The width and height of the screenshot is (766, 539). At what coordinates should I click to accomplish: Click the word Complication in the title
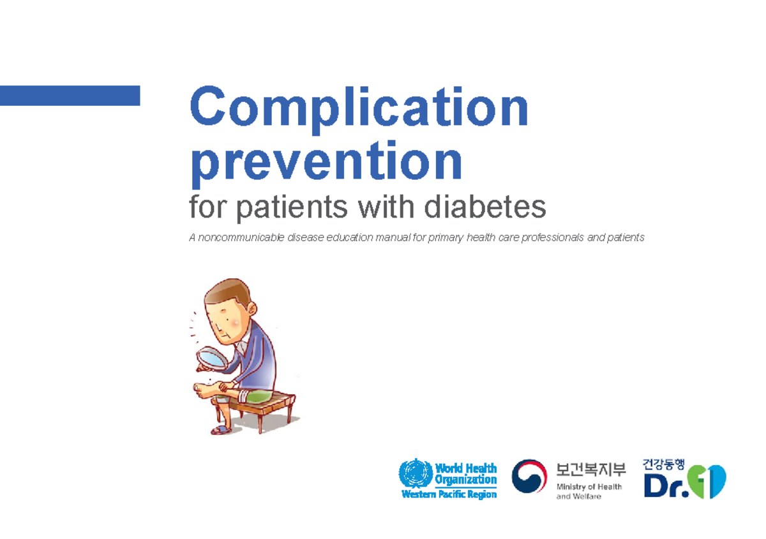coord(359,110)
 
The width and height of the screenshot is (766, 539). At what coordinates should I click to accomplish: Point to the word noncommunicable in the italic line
coord(239,238)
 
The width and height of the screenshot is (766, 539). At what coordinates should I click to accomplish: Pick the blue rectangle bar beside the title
coord(70,95)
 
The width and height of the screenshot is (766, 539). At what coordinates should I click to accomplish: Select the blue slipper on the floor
coord(223,429)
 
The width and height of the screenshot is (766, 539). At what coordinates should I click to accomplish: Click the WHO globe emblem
coord(415,473)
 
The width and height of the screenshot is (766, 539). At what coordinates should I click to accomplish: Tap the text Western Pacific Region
coord(448,494)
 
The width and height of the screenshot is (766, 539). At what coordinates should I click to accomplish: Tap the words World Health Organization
coord(465,474)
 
